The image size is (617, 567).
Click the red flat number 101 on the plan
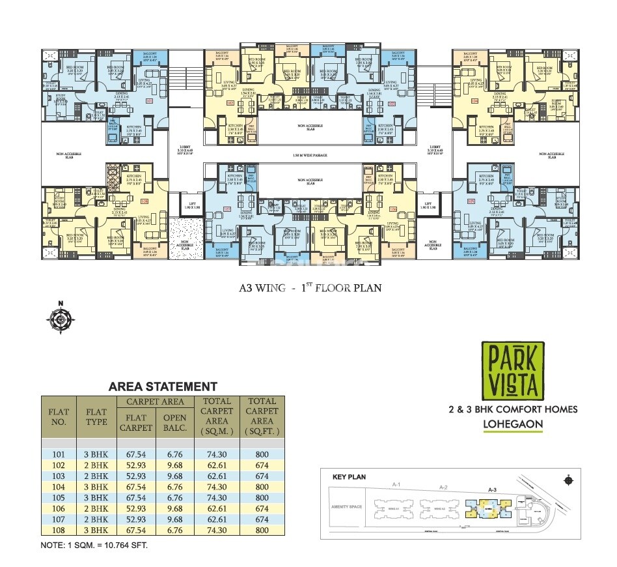pyautogui.click(x=149, y=102)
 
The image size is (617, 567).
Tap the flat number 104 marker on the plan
pyautogui.click(x=474, y=102)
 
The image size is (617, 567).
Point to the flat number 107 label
pyautogui.click(x=228, y=209)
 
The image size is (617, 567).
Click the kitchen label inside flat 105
pyautogui.click(x=486, y=177)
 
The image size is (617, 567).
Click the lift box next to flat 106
pyautogui.click(x=428, y=205)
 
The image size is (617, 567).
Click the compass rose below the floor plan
pyautogui.click(x=59, y=317)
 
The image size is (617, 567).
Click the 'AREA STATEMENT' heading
pyautogui.click(x=163, y=386)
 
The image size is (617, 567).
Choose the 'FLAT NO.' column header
pyautogui.click(x=59, y=416)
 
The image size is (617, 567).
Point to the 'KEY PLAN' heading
pyautogui.click(x=349, y=477)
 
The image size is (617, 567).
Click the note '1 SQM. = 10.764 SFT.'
pyautogui.click(x=94, y=544)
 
